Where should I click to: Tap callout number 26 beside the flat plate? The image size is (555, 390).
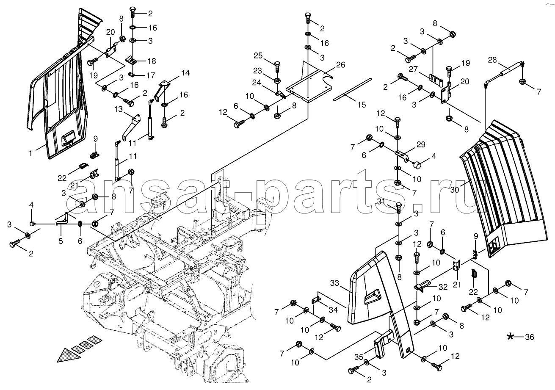pyautogui.click(x=340, y=65)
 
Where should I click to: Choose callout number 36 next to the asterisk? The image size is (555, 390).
pyautogui.click(x=529, y=337)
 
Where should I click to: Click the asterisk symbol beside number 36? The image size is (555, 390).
pyautogui.click(x=511, y=337)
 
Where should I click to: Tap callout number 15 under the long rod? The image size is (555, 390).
pyautogui.click(x=361, y=105)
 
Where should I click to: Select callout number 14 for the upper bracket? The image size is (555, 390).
pyautogui.click(x=185, y=73)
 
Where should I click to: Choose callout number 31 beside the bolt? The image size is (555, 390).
pyautogui.click(x=380, y=201)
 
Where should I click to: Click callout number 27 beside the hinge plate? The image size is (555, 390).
pyautogui.click(x=414, y=70)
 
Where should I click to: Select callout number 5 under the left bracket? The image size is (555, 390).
pyautogui.click(x=61, y=241)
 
